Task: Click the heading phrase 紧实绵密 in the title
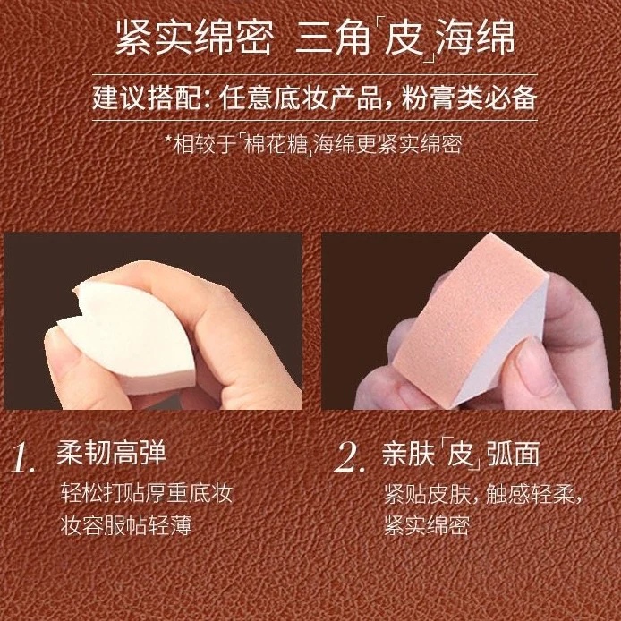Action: [195, 38]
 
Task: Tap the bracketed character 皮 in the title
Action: [403, 38]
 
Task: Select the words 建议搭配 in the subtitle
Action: [147, 98]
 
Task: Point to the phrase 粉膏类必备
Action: [470, 98]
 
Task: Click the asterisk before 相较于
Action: [169, 140]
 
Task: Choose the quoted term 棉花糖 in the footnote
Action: [275, 145]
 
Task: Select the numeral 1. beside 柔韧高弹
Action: [23, 458]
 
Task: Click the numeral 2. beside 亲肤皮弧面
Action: [349, 458]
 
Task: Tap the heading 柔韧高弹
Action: [111, 453]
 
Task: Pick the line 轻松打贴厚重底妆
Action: [146, 493]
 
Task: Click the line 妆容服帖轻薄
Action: [126, 525]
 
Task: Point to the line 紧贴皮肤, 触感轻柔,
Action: [483, 494]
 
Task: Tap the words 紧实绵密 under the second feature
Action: [427, 525]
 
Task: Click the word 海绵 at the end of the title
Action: [475, 38]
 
